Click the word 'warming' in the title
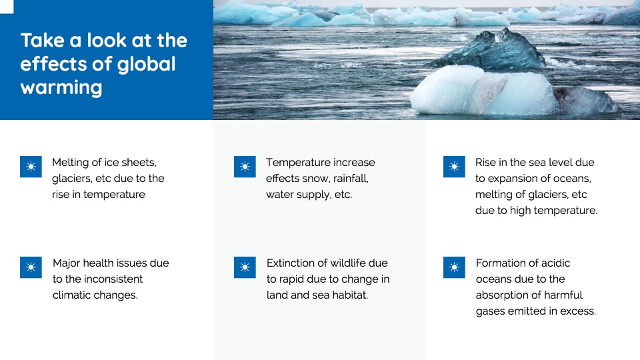click(x=61, y=88)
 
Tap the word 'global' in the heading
click(x=146, y=65)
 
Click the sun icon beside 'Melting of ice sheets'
click(x=31, y=167)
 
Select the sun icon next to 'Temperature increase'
click(x=245, y=167)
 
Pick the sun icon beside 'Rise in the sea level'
click(x=454, y=167)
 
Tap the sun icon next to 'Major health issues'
click(x=31, y=267)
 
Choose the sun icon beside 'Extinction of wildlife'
click(x=245, y=267)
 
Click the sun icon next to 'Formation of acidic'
click(x=454, y=267)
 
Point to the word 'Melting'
click(x=70, y=163)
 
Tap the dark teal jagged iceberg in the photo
click(x=495, y=51)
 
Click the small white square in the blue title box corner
click(x=7, y=7)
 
